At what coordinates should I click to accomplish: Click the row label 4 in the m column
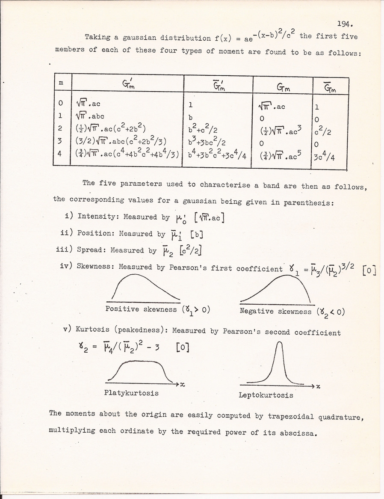(x=61, y=154)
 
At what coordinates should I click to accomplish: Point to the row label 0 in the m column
(x=61, y=103)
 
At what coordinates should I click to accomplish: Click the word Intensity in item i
(x=96, y=216)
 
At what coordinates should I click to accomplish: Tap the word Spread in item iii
(x=92, y=250)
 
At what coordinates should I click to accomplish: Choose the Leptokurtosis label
(x=266, y=395)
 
